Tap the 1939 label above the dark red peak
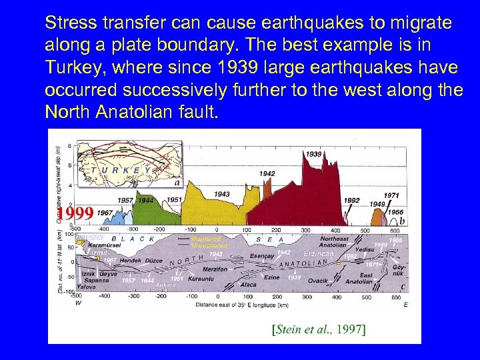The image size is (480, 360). [314, 154]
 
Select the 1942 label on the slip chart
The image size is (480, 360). [267, 173]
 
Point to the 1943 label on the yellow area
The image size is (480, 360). [222, 194]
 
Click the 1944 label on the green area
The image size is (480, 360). [146, 200]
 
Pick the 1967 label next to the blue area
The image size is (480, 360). [105, 213]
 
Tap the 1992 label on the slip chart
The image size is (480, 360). [351, 200]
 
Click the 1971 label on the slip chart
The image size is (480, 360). [392, 195]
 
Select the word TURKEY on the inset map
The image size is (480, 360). [121, 170]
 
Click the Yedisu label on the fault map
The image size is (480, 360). [365, 249]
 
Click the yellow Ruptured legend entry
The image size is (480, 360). [205, 239]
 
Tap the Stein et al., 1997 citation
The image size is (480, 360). [319, 329]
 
